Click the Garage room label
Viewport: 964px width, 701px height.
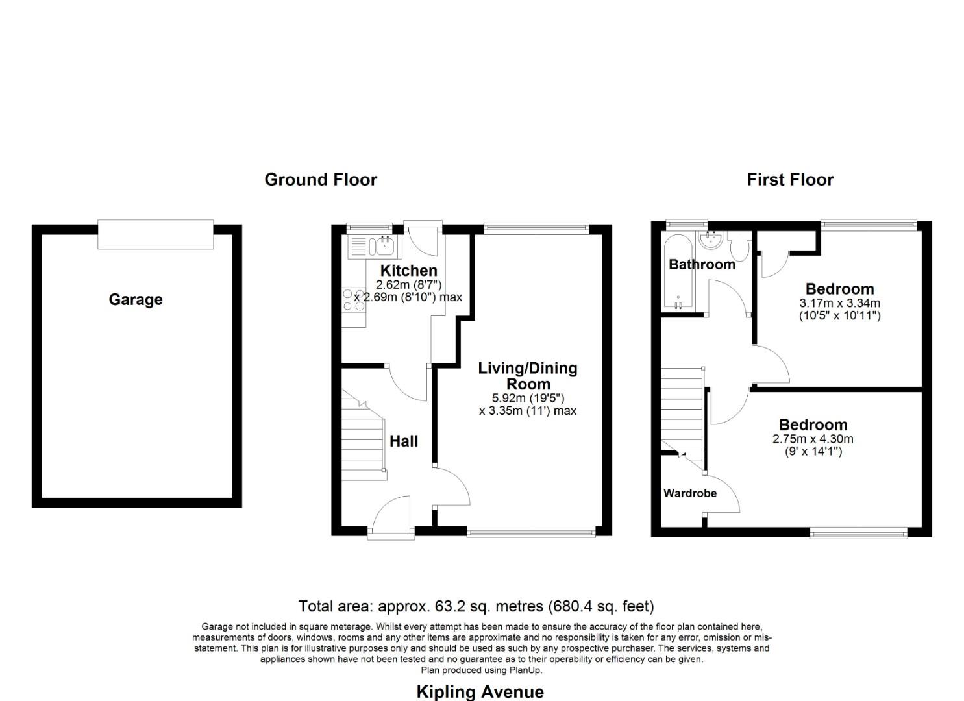tap(135, 299)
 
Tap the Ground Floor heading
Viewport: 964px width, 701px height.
tap(321, 180)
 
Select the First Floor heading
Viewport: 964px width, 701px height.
tap(789, 180)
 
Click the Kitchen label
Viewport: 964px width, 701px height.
tap(408, 271)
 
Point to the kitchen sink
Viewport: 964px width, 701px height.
tap(384, 246)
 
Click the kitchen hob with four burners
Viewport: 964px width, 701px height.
tap(354, 300)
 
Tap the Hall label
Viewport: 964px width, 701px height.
tap(403, 441)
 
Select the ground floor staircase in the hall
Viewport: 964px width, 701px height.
tap(364, 441)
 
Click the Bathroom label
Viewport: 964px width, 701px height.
tap(702, 264)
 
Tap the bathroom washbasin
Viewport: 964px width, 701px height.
tap(712, 241)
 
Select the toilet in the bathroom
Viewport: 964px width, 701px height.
tap(739, 247)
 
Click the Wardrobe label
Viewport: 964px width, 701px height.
tap(690, 493)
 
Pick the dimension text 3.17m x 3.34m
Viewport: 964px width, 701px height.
tap(839, 303)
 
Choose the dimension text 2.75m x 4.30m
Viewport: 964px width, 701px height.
tap(813, 439)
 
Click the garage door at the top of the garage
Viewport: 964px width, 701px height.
tap(155, 234)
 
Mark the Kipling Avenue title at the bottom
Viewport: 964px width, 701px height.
tap(480, 691)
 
